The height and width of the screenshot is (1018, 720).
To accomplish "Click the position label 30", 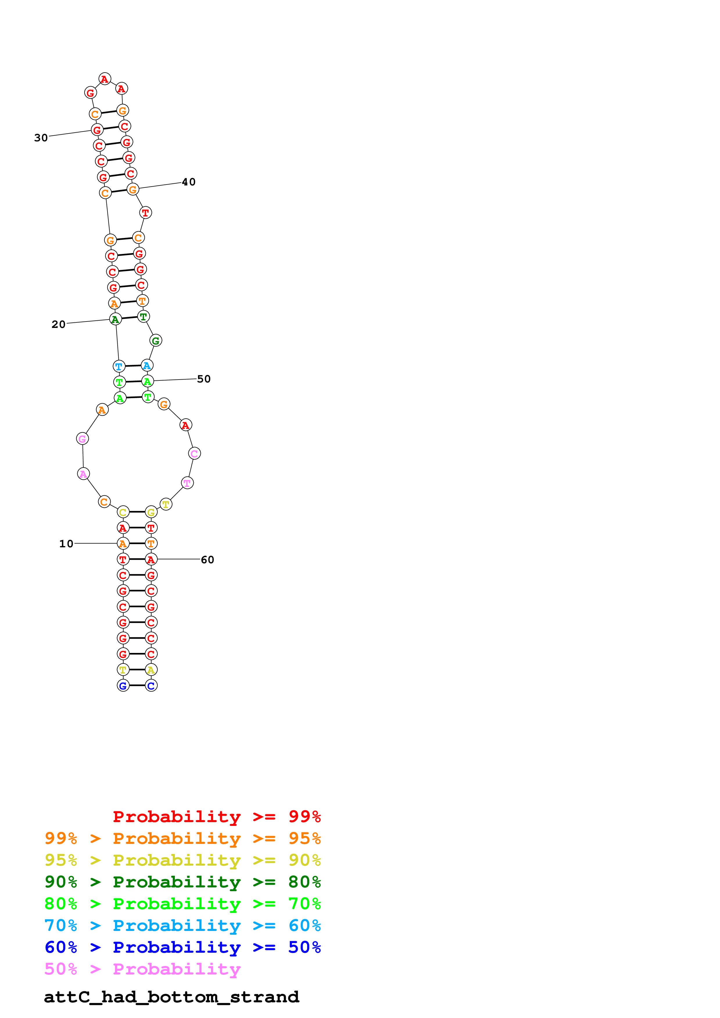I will tap(41, 138).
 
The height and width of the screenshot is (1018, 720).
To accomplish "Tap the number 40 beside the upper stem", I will tap(188, 182).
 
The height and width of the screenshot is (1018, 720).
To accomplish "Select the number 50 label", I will tap(204, 379).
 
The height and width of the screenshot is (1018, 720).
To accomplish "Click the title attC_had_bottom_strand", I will tap(172, 997).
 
